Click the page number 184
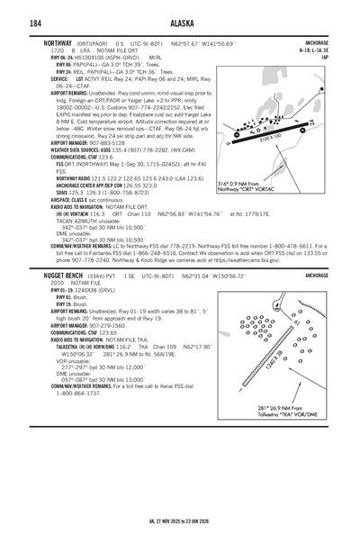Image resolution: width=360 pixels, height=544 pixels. point(35,23)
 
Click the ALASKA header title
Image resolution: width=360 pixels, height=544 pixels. point(179,23)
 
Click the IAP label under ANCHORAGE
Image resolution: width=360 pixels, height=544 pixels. point(326,58)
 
